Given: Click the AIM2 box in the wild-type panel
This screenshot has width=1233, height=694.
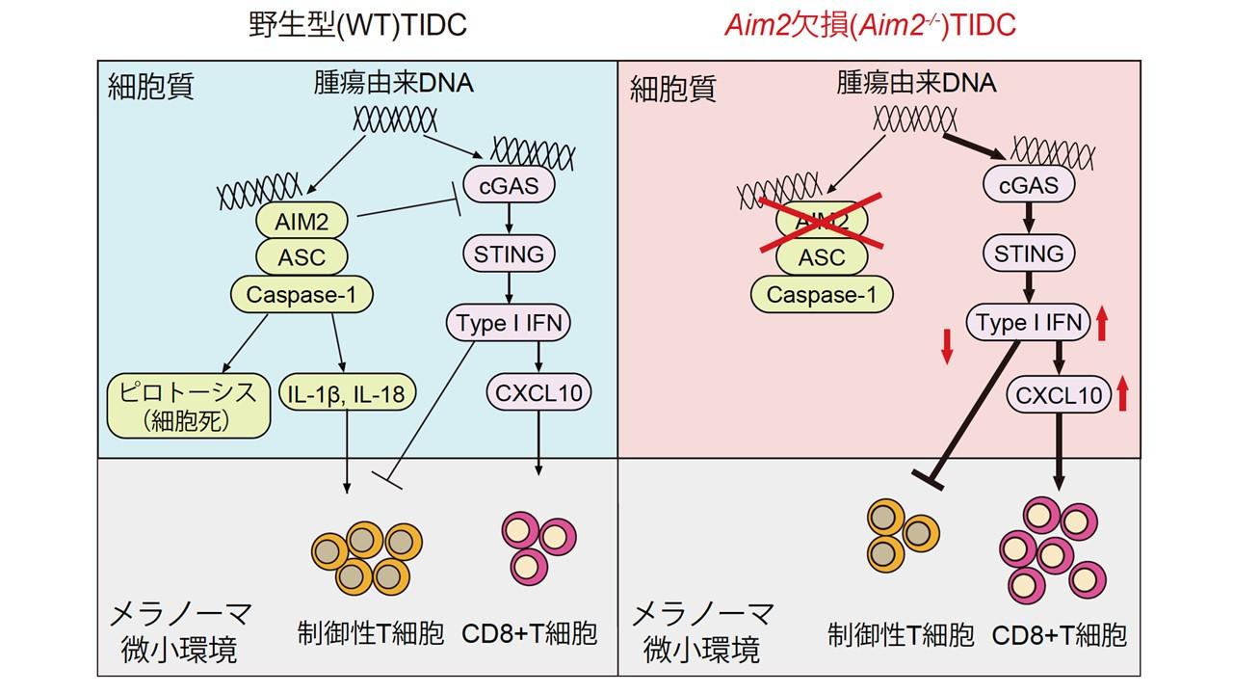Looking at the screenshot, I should click(x=302, y=222).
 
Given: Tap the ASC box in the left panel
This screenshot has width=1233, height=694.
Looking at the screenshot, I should click(x=302, y=257).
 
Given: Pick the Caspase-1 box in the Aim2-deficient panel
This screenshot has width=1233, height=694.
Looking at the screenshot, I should click(x=822, y=294).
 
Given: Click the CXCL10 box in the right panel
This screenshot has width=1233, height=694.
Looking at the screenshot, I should click(x=1057, y=394).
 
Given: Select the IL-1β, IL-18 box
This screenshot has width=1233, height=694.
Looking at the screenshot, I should click(x=346, y=392).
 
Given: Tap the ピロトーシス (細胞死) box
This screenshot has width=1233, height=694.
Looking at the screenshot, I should click(x=185, y=405).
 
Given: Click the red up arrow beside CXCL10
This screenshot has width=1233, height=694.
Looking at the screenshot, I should click(x=1121, y=393).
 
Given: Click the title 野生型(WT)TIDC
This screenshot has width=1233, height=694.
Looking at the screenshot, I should click(x=356, y=25).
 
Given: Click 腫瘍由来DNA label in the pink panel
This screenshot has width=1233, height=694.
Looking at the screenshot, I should click(x=916, y=83).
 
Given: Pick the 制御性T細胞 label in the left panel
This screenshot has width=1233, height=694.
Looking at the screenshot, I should click(x=371, y=633).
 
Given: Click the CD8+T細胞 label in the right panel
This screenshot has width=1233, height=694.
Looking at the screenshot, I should click(x=1060, y=635).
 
